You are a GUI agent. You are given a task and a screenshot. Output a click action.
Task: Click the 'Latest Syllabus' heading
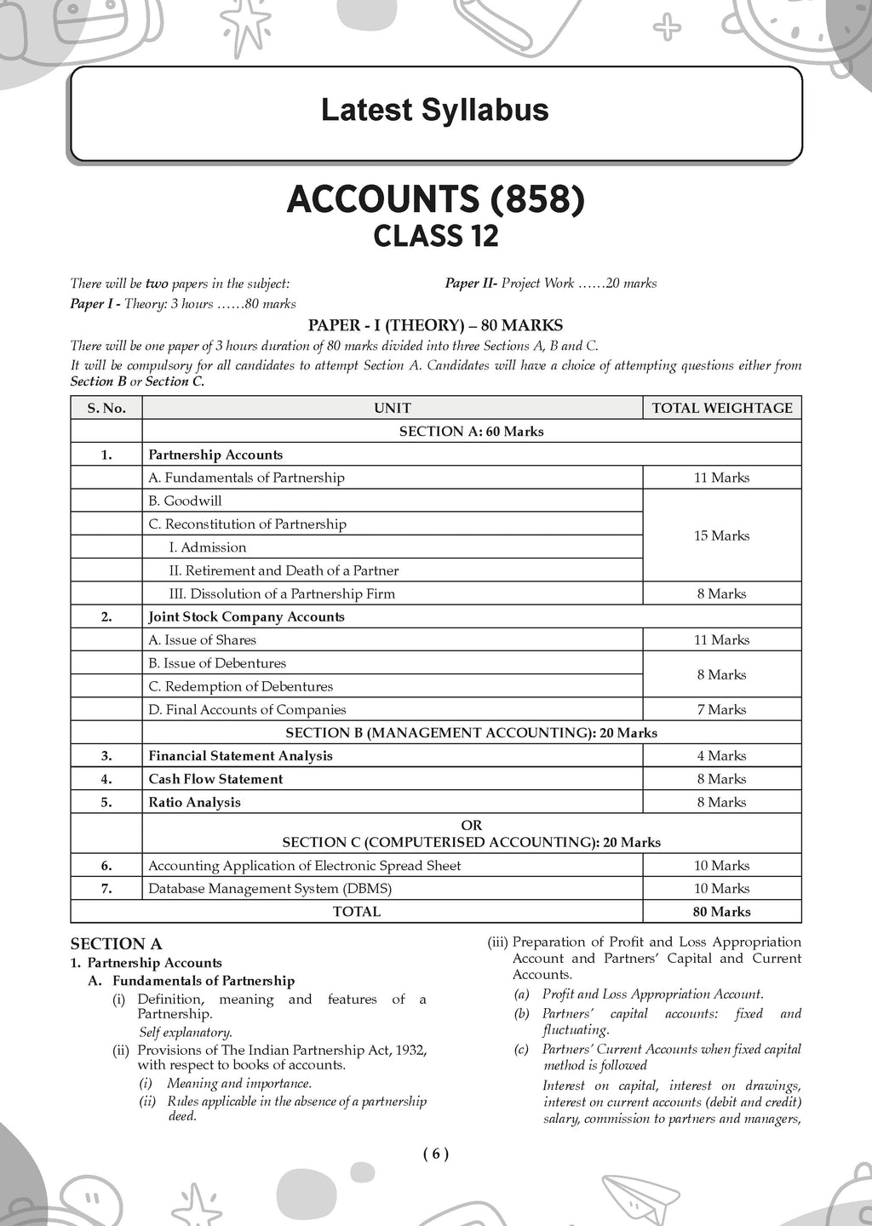click(x=434, y=111)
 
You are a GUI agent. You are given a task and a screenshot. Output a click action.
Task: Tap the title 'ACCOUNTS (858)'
click(x=436, y=199)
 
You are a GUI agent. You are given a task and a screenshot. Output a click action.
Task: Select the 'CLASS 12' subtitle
click(x=436, y=236)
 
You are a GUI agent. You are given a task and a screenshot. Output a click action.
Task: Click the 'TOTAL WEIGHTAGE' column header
click(x=722, y=408)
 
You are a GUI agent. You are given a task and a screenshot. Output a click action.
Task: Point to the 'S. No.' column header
click(x=106, y=408)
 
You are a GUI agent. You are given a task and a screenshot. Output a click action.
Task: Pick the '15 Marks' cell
click(x=722, y=536)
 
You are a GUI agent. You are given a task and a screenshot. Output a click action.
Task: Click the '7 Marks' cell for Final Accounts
click(x=722, y=709)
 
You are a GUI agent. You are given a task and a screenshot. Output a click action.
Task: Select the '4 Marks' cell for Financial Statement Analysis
click(x=722, y=755)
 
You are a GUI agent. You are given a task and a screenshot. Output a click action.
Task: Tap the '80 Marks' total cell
click(x=722, y=911)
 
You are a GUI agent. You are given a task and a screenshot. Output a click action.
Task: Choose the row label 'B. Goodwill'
click(x=185, y=501)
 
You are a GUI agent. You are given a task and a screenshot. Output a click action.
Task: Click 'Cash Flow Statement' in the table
click(x=215, y=779)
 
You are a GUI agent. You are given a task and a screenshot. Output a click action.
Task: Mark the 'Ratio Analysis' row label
click(x=194, y=802)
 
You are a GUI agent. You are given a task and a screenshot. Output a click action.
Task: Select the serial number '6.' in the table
click(x=106, y=865)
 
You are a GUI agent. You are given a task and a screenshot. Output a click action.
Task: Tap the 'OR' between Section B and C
click(x=471, y=825)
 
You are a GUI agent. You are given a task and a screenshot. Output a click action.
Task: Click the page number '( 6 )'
click(x=435, y=1154)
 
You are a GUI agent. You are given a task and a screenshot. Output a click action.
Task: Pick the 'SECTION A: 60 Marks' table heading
click(x=471, y=432)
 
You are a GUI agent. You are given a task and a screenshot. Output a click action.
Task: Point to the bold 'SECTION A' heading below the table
click(x=116, y=943)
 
